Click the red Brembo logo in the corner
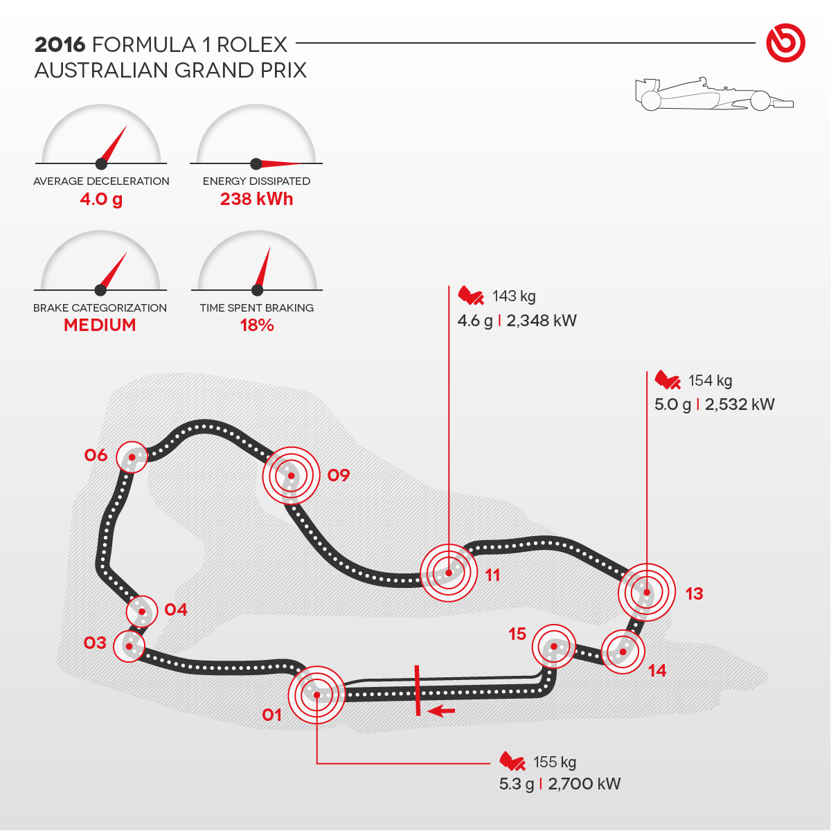[785, 43]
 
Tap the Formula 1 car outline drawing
[713, 95]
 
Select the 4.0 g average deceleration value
[101, 199]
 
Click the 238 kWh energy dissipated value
[256, 199]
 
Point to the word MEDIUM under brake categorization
[100, 325]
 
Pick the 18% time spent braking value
[257, 325]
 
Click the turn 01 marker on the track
[316, 695]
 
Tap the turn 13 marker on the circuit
[646, 592]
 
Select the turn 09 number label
[339, 475]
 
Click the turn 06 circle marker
[132, 457]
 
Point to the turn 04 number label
[176, 609]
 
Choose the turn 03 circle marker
[129, 646]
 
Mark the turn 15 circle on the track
[554, 647]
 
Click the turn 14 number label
[657, 670]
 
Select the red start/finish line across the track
[418, 690]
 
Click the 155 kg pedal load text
[555, 762]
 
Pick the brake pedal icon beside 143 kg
[471, 296]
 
